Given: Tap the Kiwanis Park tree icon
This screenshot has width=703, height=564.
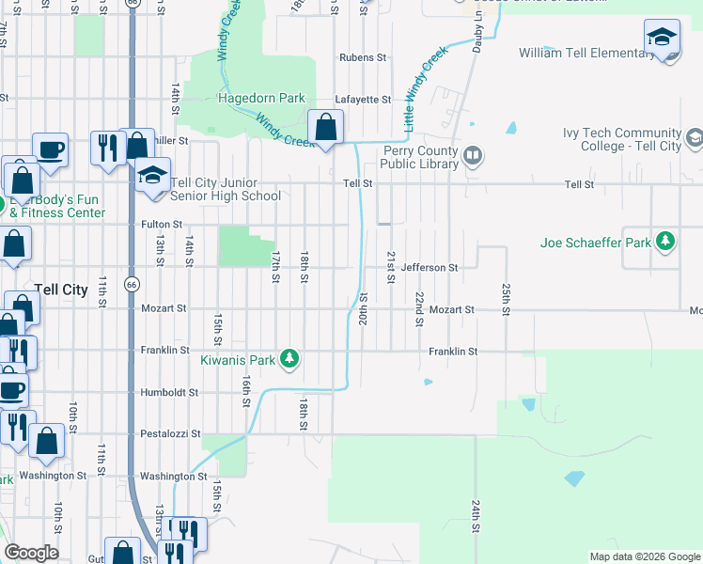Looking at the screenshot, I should click(x=290, y=358).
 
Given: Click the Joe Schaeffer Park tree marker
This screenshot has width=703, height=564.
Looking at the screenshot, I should click(x=665, y=242).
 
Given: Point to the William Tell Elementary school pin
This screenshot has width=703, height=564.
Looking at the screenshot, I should click(x=662, y=39).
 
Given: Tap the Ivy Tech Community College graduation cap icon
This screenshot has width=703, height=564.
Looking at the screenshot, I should click(x=694, y=139).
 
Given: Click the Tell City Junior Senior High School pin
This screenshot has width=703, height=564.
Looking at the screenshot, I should click(x=151, y=174).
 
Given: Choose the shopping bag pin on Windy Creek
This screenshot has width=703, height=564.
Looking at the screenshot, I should click(x=325, y=127).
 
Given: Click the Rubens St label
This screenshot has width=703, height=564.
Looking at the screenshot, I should click(x=363, y=57).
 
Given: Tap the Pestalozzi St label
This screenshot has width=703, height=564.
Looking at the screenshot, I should click(x=170, y=434).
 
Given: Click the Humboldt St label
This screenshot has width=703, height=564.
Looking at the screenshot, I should click(x=169, y=392).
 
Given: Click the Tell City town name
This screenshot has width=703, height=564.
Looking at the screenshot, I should click(x=60, y=290).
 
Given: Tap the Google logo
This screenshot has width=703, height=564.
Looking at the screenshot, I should click(x=31, y=553).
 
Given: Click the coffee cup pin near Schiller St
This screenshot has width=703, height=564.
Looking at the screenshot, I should click(x=50, y=149).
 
